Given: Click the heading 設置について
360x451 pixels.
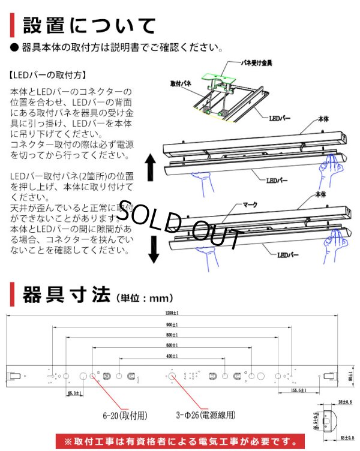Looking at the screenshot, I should pos(90,26).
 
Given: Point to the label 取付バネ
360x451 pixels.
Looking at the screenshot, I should pos(181,84).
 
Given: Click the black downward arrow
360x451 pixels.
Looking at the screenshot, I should pos(154,249).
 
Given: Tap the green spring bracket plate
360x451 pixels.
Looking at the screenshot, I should pos(219,79).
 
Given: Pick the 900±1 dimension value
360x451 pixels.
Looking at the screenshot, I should pos(172,325).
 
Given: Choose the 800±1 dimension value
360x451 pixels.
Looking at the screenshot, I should pos(172,335).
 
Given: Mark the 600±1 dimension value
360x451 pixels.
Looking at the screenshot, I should pos(172,346).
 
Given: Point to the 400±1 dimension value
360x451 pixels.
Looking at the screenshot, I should pos(172,357).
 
